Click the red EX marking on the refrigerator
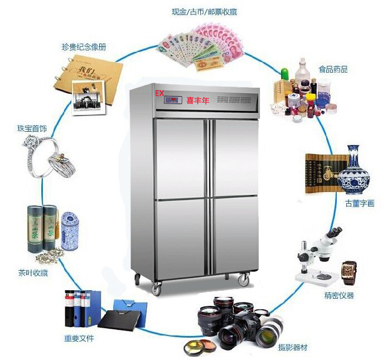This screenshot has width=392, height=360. (159, 93)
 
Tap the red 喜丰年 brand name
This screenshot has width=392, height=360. (197, 100)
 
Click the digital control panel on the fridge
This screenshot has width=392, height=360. (173, 100)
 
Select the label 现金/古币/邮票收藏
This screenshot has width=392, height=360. (204, 12)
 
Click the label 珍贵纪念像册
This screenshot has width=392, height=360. (84, 47)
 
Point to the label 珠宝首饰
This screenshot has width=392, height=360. (32, 128)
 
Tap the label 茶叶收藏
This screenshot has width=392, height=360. (33, 273)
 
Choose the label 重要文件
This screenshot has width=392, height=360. (79, 338)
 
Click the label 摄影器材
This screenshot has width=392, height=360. (293, 347)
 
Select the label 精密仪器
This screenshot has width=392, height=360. (339, 295)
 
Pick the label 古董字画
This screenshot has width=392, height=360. (360, 203)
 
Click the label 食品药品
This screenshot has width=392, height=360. (333, 69)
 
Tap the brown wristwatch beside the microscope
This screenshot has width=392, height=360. (349, 272)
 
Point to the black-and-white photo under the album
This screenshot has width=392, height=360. (89, 98)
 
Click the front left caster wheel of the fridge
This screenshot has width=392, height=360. (156, 289)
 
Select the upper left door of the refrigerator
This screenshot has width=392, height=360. (180, 159)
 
